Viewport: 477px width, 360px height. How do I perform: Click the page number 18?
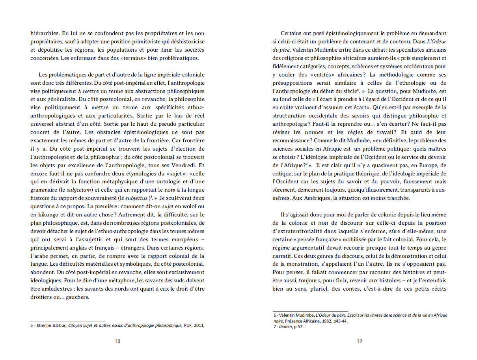(x=117, y=341)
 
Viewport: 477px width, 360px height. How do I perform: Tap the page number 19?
(x=359, y=341)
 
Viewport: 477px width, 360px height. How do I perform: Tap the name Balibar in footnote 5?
(x=58, y=325)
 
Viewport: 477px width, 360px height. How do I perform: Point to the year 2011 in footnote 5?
(x=199, y=325)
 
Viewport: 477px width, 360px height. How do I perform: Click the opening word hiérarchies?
(x=44, y=34)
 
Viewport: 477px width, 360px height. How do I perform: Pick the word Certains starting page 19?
(x=292, y=34)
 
